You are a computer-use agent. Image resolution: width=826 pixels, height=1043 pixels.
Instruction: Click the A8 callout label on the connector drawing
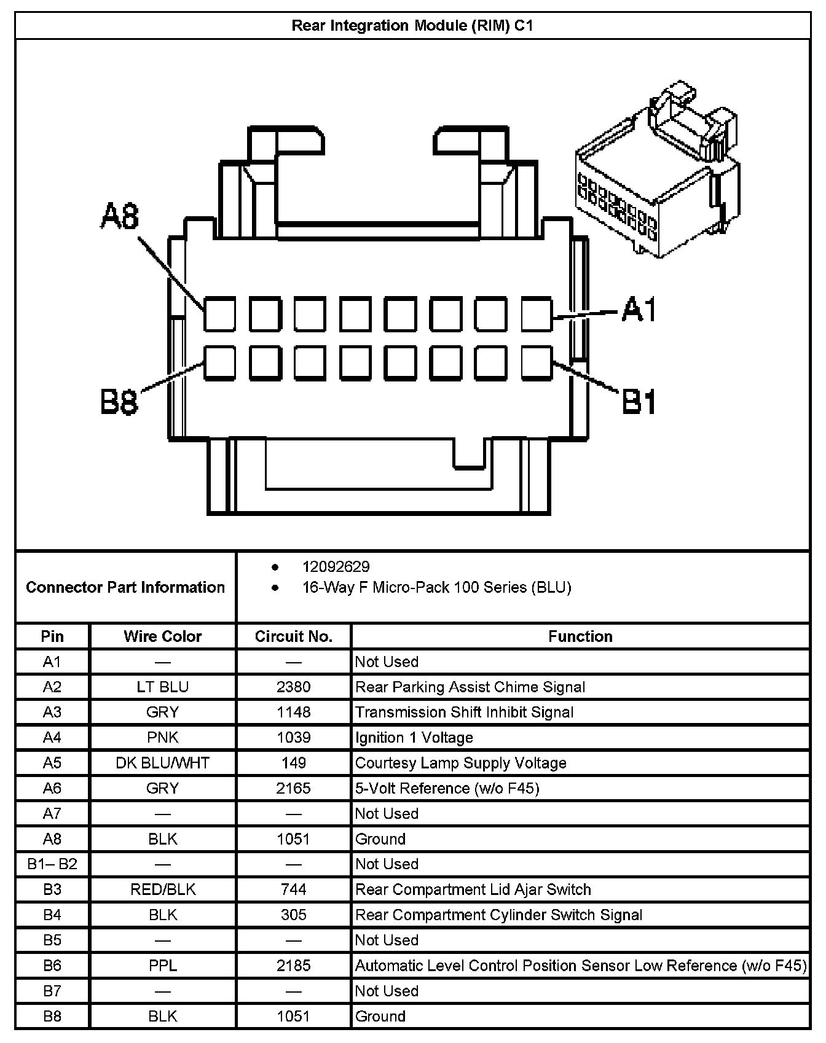[x=120, y=217]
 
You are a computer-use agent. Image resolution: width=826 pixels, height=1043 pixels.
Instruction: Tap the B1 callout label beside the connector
[x=639, y=402]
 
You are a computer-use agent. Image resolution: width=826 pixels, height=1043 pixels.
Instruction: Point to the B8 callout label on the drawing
[x=119, y=403]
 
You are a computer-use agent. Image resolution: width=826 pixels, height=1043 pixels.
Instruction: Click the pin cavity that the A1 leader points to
[x=537, y=314]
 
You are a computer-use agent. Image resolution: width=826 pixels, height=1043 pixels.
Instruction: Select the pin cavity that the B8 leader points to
[x=219, y=362]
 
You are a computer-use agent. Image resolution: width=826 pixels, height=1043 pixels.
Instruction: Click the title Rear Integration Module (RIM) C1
[x=412, y=26]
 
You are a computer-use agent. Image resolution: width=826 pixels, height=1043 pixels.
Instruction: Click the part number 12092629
[x=336, y=566]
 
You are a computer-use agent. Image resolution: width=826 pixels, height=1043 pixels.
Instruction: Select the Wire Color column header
[x=163, y=636]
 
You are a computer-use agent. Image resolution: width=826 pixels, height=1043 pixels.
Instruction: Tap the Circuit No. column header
[x=294, y=636]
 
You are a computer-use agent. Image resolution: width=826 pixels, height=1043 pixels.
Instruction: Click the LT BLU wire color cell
[x=163, y=687]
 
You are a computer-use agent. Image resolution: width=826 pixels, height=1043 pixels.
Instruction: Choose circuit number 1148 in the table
[x=294, y=712]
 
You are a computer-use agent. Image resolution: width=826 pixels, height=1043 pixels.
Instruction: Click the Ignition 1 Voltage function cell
[x=414, y=737]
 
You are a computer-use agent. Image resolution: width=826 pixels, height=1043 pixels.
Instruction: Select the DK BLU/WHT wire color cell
[x=163, y=763]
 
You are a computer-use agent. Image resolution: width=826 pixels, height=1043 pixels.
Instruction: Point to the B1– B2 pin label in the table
[x=52, y=864]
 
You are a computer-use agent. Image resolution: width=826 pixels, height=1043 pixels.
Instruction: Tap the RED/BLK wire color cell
[x=163, y=889]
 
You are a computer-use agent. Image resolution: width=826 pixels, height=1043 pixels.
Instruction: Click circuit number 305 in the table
[x=294, y=915]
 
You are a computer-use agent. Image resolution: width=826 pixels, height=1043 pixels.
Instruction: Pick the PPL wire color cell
[x=163, y=966]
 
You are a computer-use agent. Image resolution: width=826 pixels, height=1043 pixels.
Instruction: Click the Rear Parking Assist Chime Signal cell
[x=470, y=687]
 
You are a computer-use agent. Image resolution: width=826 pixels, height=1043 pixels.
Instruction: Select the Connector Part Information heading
[x=125, y=587]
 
